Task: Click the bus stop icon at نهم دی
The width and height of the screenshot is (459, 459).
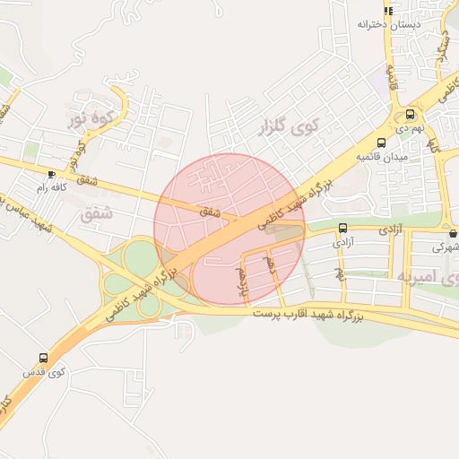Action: (x=410, y=115)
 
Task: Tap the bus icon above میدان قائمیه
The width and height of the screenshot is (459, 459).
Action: (x=382, y=143)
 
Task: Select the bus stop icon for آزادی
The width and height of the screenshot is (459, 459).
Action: (x=342, y=228)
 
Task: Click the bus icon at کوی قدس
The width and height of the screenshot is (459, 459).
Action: (x=43, y=358)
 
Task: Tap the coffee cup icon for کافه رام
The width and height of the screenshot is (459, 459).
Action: (x=50, y=174)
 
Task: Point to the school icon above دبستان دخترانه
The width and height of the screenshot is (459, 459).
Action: (x=387, y=10)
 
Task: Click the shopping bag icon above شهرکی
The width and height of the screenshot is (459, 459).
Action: (x=453, y=233)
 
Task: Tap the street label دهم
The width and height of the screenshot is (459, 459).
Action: (x=269, y=265)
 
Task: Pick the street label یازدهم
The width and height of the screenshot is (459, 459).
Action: (x=240, y=281)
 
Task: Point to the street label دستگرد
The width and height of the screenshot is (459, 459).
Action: (x=442, y=45)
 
